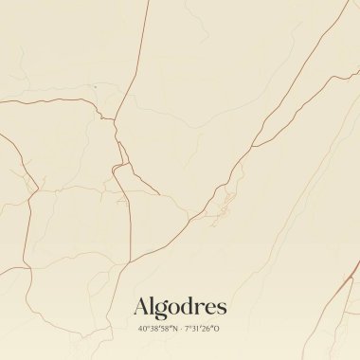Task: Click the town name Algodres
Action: click(180, 306)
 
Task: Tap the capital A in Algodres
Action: click(142, 306)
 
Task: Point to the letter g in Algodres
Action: click(162, 309)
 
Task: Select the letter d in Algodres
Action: click(189, 306)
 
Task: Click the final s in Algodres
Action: click(222, 308)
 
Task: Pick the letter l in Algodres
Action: click(153, 305)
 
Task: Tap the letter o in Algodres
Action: click(174, 308)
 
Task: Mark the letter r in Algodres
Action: click(200, 308)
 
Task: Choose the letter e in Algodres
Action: click(210, 308)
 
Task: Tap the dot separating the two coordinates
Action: click(180, 329)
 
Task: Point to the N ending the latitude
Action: click(172, 329)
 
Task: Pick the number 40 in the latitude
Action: click(140, 329)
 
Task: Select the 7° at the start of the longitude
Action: click(188, 329)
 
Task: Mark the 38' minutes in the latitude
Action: click(152, 329)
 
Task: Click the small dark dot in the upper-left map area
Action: click(95, 87)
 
